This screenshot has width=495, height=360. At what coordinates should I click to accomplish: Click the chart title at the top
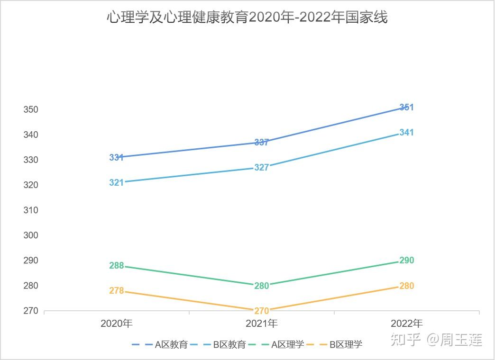coord(247,17)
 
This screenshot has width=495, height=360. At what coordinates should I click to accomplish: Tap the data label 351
coord(407,107)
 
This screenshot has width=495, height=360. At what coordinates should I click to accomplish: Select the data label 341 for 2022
coord(407,133)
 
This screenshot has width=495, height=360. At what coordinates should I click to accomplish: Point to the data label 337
coord(262,142)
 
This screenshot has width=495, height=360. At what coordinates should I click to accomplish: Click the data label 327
coord(262,167)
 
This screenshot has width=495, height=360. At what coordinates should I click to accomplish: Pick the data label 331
coord(116,157)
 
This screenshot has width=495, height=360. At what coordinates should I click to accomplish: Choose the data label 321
coord(116,183)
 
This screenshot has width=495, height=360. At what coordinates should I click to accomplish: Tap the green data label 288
coord(117,266)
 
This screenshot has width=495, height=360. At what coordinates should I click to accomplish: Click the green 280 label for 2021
coord(262,286)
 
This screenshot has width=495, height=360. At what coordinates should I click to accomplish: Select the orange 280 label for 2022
coord(407,286)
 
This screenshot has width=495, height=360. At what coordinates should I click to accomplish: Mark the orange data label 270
coord(262,311)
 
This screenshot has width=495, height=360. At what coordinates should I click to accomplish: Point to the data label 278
coord(117,290)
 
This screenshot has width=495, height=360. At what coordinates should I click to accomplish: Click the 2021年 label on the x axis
coord(262,324)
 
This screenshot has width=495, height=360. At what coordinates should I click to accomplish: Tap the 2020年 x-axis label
coord(117,324)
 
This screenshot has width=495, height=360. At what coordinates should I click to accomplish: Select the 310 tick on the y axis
coord(31,210)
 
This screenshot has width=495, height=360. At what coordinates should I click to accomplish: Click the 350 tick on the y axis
coord(31,109)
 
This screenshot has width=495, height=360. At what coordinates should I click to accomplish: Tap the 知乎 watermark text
coord(406,339)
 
